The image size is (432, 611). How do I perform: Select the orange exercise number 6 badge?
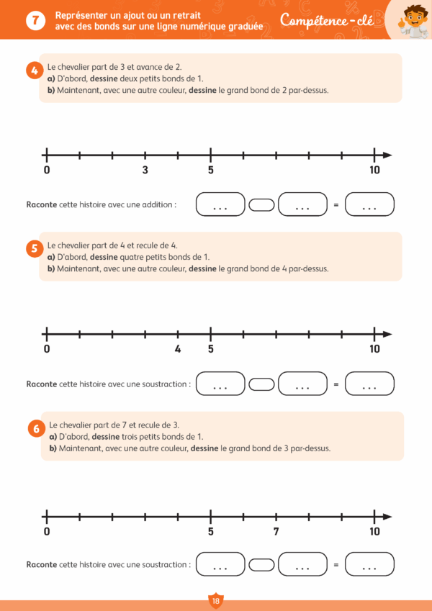pos(36,428)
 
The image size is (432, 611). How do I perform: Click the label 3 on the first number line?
pos(145,171)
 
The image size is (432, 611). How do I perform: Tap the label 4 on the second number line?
pos(178,350)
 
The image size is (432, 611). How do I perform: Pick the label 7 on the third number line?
pos(276,532)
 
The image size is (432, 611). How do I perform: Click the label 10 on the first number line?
pos(374,171)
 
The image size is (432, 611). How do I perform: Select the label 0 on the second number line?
pos(47,350)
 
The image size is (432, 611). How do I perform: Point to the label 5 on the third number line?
pos(210,532)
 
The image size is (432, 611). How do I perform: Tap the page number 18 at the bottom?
pos(215,601)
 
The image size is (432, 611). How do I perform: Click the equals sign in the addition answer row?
pos(336,205)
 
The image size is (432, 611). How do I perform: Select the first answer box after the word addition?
pos(220,204)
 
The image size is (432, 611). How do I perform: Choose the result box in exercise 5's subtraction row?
pos(369,384)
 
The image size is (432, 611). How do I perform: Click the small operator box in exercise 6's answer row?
pos(262,565)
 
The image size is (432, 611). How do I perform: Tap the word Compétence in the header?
pos(315,21)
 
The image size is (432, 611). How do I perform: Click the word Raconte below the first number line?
pos(41,204)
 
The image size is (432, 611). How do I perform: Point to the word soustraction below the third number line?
pos(162,565)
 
